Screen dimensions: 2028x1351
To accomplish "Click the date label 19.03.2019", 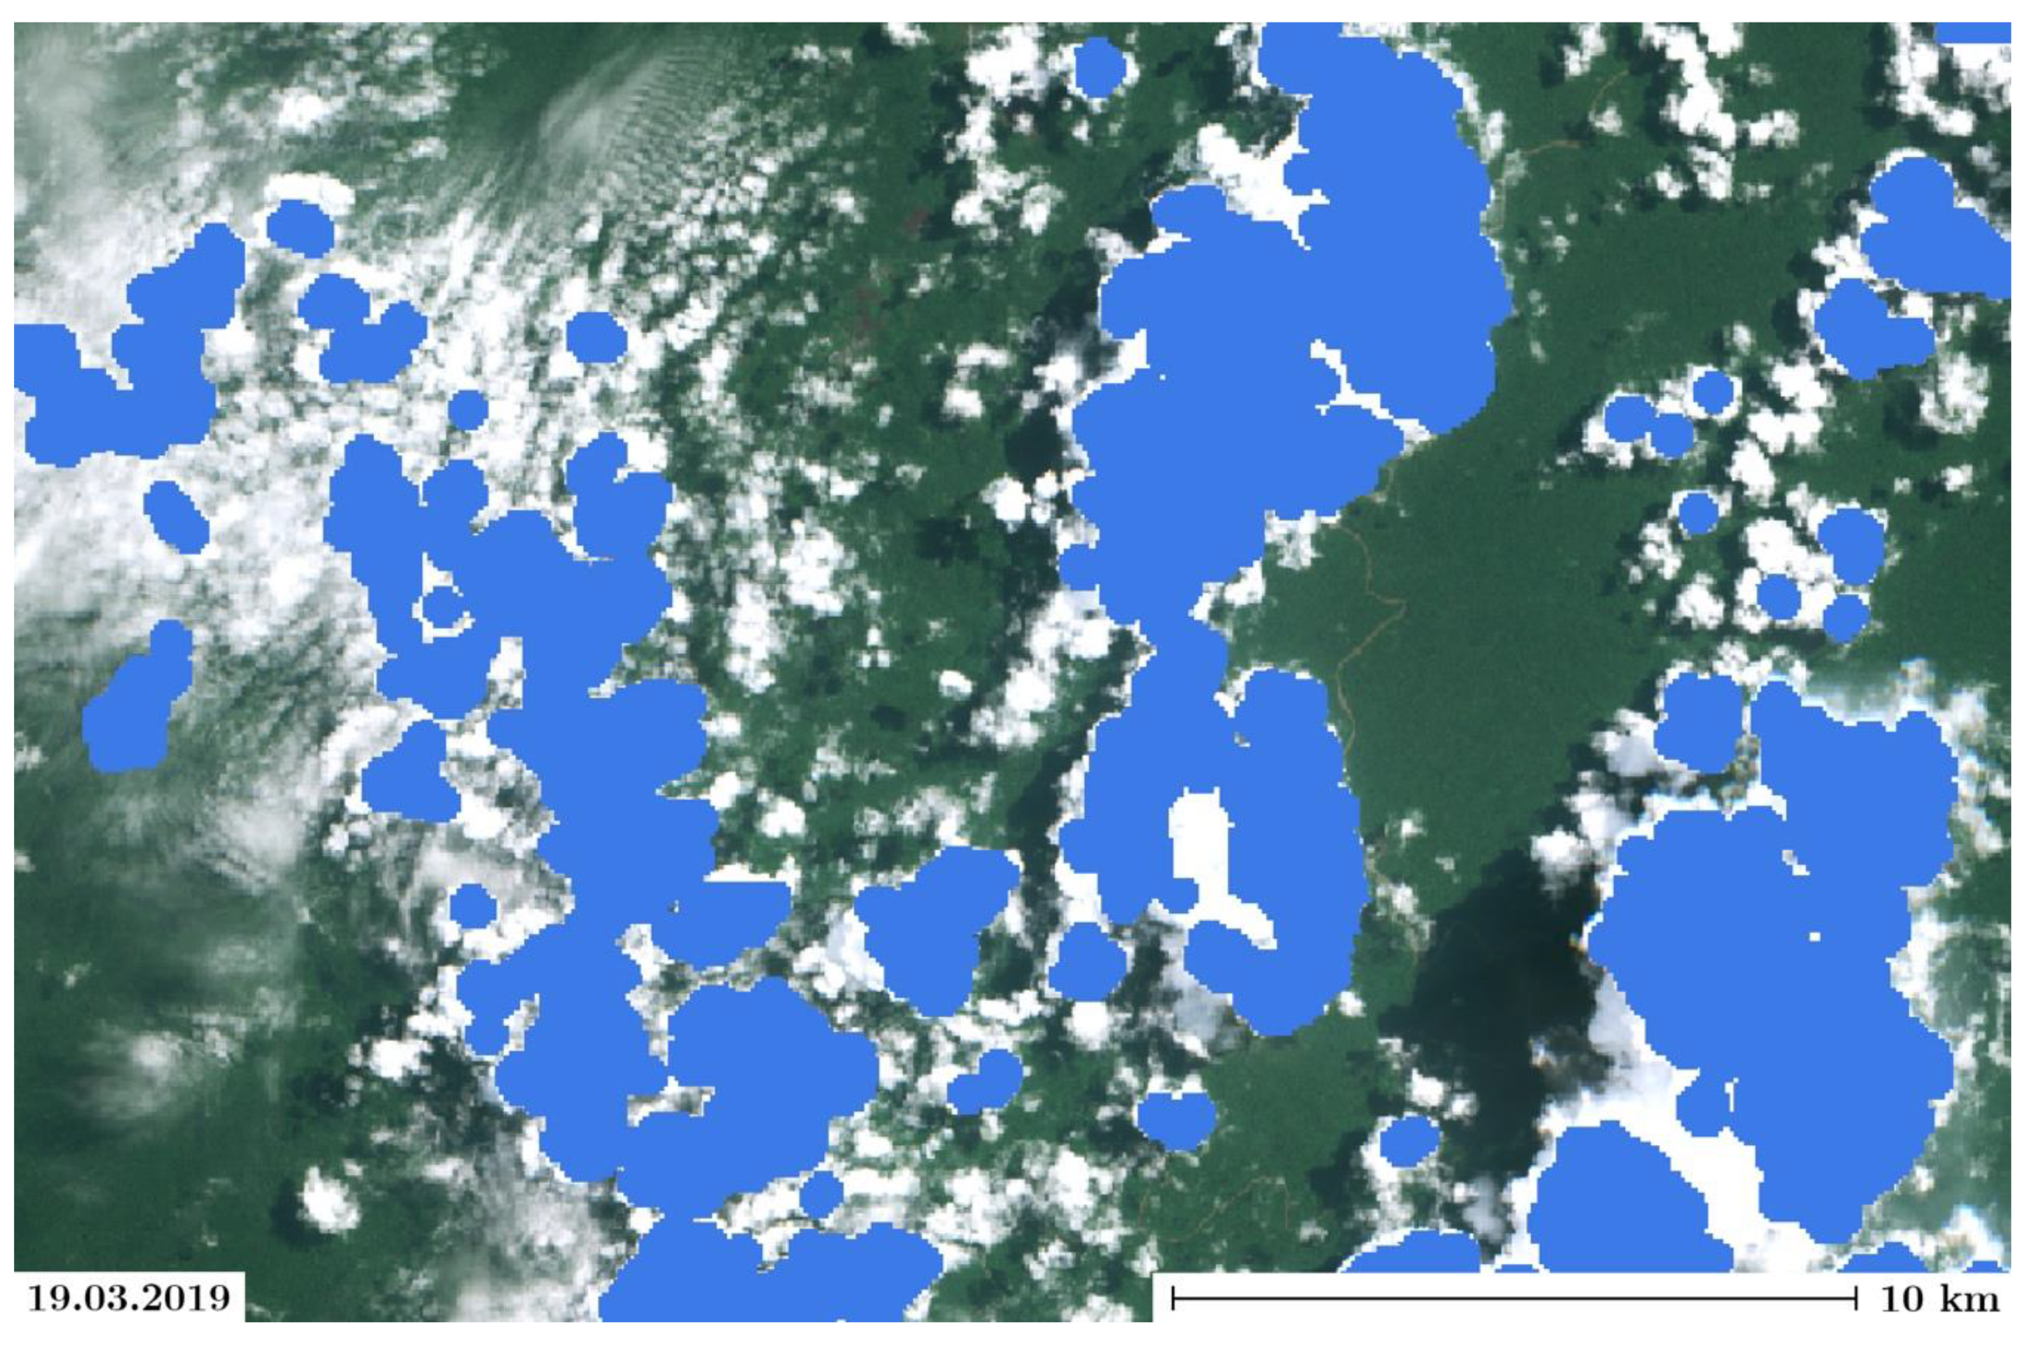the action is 129,1298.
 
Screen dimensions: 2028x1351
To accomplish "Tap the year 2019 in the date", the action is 181,1298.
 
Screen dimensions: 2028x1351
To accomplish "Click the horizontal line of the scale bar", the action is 1516,1298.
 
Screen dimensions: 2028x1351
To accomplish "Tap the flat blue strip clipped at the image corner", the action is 1972,33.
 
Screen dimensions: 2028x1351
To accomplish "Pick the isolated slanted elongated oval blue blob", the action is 176,516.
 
